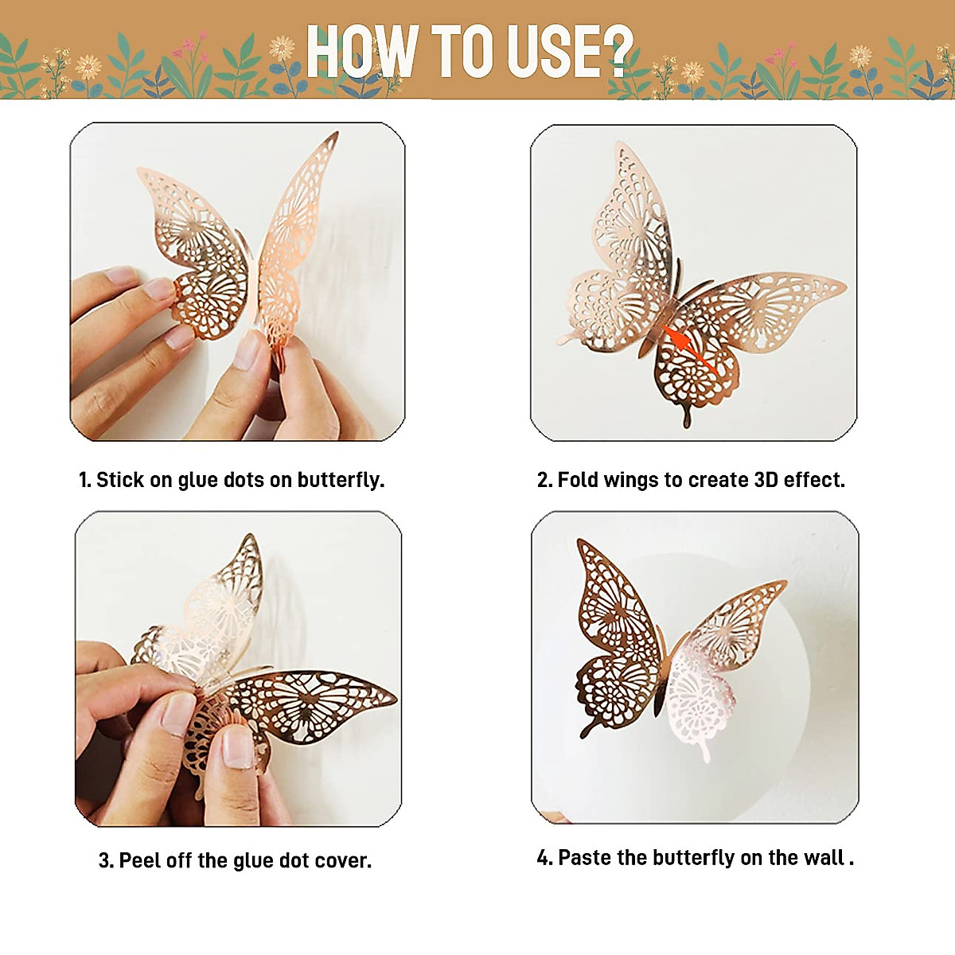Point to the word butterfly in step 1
pos(341,481)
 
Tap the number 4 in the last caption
pos(544,857)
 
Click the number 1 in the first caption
pos(84,480)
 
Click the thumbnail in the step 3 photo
pos(237,748)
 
